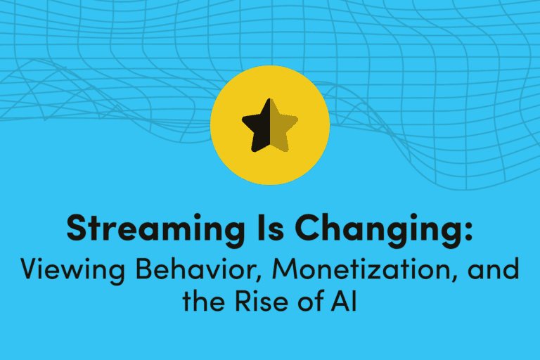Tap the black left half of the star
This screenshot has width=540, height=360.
[x=258, y=126]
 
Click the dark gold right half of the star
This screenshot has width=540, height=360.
[x=281, y=126]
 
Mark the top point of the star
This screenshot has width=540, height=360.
[x=270, y=101]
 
